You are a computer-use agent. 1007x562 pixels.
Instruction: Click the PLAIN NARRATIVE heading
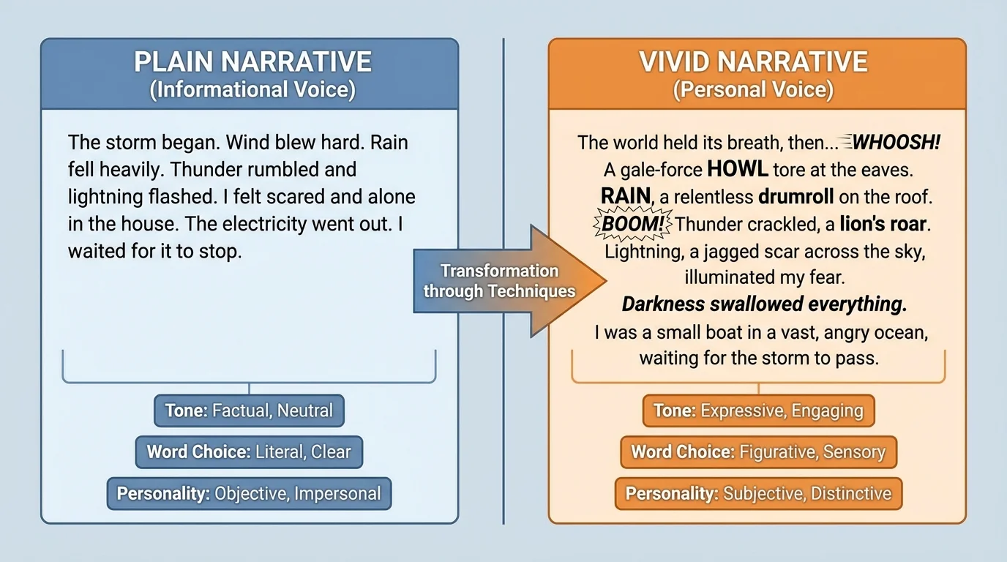[252, 61]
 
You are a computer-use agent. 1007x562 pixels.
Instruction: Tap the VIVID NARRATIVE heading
[753, 61]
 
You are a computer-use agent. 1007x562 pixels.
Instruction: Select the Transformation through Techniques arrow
[505, 281]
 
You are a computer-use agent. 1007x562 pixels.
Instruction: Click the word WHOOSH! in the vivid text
[896, 142]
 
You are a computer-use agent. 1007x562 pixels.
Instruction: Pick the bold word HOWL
[737, 170]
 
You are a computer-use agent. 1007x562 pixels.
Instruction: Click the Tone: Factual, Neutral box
[249, 411]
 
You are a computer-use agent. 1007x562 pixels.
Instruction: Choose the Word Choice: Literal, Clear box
[249, 452]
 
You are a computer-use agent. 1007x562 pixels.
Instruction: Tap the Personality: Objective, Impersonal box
[249, 493]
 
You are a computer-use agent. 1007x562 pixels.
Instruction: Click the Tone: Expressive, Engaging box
[758, 411]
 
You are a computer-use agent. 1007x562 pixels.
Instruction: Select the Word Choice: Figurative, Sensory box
[758, 452]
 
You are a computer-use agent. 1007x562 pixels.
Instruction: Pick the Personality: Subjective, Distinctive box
[758, 493]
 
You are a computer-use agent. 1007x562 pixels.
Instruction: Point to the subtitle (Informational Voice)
[252, 90]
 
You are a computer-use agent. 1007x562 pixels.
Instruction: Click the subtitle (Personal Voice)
[753, 90]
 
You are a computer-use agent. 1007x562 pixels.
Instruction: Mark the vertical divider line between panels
[503, 439]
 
